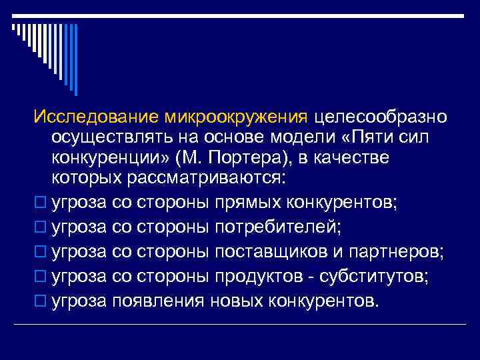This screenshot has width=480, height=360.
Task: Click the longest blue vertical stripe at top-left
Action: (x=75, y=59)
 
